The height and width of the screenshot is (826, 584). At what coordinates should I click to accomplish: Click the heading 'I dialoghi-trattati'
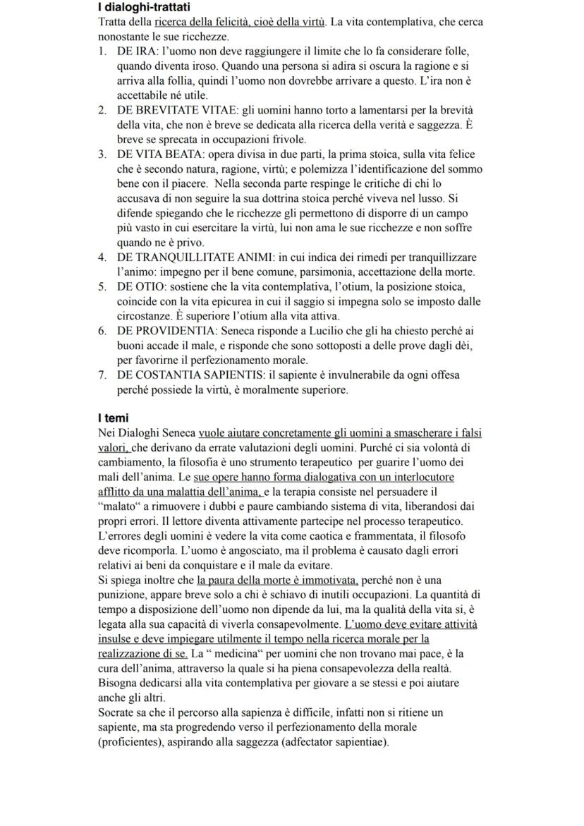145,7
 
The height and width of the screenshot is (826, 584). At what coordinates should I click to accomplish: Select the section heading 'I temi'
112,418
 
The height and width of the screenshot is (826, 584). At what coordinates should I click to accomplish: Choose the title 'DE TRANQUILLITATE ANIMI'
187,257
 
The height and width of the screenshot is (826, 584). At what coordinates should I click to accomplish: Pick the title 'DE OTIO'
141,286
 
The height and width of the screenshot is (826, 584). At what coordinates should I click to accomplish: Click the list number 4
102,257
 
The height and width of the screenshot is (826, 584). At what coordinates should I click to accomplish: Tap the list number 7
102,375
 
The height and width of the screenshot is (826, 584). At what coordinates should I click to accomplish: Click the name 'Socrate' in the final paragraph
116,712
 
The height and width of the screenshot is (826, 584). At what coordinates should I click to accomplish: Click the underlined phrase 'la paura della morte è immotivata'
278,580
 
